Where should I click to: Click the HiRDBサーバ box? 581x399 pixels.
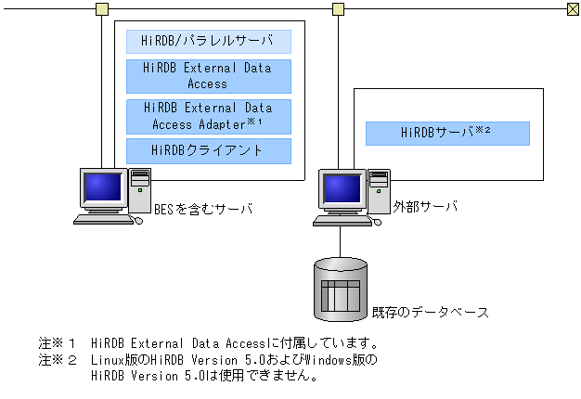[x=446, y=133]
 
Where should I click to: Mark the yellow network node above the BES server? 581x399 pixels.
[x=101, y=9]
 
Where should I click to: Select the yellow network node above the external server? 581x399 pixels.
[x=339, y=9]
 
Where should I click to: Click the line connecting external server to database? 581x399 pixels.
[x=340, y=241]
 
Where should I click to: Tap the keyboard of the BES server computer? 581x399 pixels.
[x=105, y=220]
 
